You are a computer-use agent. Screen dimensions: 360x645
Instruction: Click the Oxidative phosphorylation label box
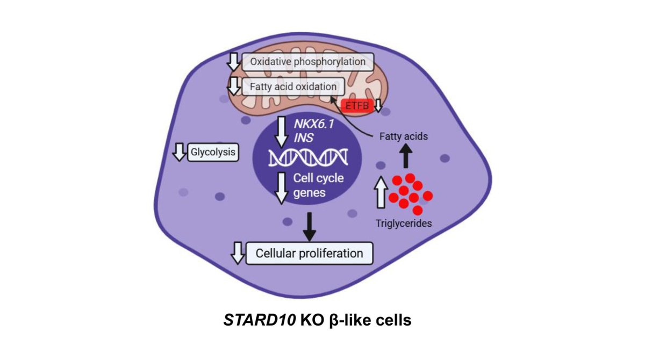307,62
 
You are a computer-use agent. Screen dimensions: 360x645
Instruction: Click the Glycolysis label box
213,153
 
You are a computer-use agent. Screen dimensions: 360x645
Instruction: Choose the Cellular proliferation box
309,253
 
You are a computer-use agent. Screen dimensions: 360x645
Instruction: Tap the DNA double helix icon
309,157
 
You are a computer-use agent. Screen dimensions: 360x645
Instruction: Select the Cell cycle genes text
311,185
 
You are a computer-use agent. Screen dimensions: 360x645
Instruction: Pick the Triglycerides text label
404,222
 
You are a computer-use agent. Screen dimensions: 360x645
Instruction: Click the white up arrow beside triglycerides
379,193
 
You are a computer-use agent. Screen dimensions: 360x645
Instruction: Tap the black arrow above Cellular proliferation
309,226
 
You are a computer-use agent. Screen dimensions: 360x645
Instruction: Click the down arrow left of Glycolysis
178,153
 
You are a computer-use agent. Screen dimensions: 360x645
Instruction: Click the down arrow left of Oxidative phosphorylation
233,62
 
